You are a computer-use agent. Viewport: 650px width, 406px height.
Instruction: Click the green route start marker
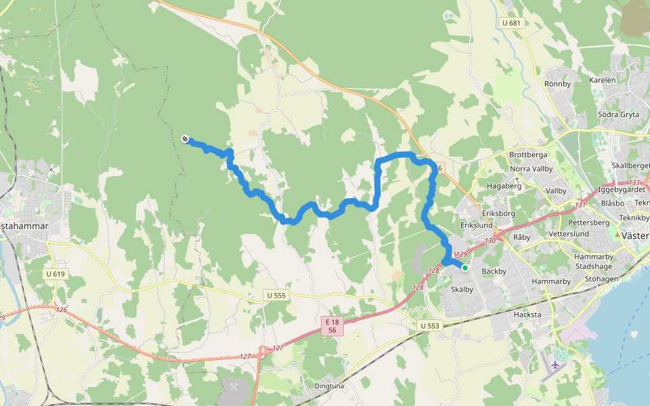(465, 268)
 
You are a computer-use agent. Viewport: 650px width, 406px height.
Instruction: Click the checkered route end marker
(185, 139)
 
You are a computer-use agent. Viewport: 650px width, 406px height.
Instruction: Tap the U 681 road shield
(512, 23)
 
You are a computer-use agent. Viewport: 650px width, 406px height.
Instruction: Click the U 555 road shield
(275, 296)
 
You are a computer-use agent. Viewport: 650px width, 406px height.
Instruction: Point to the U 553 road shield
(429, 325)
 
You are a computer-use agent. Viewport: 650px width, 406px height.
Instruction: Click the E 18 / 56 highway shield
(332, 326)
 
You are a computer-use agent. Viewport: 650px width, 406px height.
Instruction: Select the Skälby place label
(464, 289)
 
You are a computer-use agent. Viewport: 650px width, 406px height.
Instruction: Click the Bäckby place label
(494, 271)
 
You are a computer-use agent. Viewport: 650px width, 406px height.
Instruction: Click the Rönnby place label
(558, 84)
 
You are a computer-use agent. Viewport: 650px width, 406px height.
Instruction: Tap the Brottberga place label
(528, 155)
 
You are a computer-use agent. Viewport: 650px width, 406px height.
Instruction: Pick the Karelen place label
(603, 80)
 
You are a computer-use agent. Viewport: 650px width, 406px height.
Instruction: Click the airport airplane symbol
(557, 365)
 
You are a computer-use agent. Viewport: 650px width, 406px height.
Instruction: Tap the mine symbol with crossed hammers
(234, 387)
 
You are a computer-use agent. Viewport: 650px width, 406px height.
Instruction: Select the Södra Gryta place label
(618, 114)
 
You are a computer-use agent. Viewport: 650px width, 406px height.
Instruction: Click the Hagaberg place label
(504, 185)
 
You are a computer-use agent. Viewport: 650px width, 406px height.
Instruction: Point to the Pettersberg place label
(589, 222)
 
